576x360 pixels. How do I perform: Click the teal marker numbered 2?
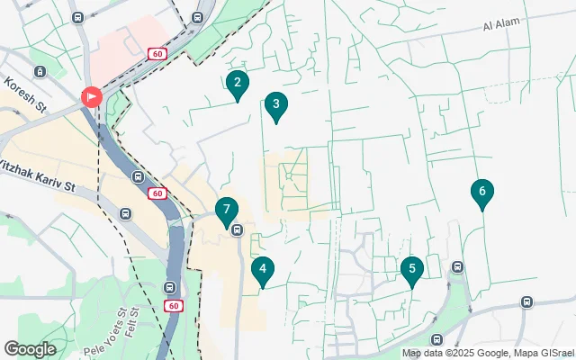click(237, 85)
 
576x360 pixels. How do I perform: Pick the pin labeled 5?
click(411, 270)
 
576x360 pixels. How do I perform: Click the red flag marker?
click(92, 96)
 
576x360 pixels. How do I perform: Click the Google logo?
click(30, 349)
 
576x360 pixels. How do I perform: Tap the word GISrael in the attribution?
click(548, 354)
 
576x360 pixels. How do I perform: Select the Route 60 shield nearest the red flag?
click(157, 55)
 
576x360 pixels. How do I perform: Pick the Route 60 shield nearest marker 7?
click(157, 193)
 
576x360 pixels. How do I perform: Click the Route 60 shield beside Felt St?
click(174, 306)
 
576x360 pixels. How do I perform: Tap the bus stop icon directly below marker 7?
click(237, 230)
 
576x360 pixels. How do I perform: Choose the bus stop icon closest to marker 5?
click(458, 266)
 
